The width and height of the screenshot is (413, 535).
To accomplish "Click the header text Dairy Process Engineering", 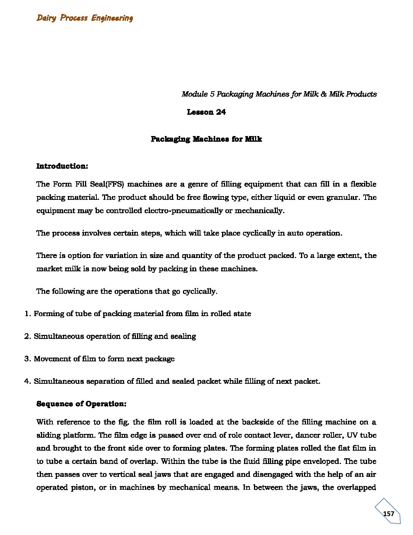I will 85,18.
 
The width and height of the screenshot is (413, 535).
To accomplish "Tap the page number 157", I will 388,513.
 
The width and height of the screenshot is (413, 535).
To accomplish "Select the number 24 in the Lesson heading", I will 221,112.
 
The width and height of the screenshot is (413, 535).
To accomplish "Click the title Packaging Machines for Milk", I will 206,139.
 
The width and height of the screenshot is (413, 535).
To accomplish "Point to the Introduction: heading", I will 62,166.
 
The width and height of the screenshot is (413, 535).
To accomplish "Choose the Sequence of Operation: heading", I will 81,404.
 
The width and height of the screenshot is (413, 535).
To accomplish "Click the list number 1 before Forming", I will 27,314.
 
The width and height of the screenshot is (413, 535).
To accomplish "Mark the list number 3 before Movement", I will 27,359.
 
